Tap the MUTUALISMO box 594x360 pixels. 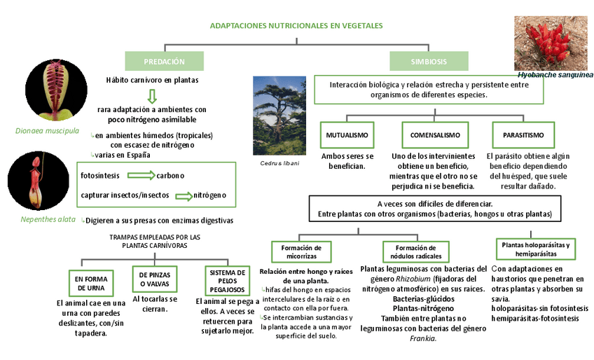347,134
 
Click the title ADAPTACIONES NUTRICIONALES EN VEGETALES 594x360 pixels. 296,26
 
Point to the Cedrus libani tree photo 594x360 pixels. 279,116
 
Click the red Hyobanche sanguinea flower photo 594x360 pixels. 551,43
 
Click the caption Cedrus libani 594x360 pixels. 279,164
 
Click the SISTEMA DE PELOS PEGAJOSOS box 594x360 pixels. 227,280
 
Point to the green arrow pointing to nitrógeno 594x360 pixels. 183,195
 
